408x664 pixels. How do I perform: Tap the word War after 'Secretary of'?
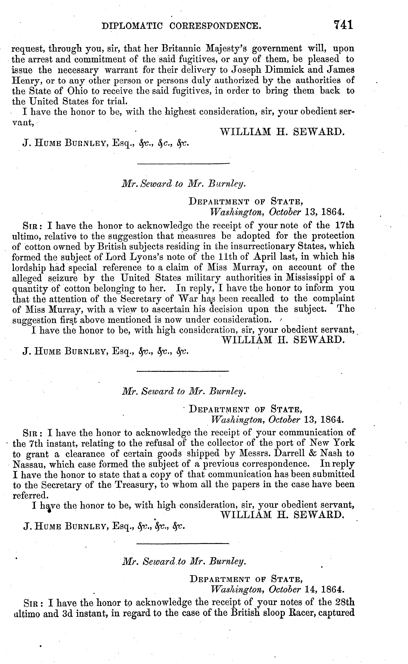187,299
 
